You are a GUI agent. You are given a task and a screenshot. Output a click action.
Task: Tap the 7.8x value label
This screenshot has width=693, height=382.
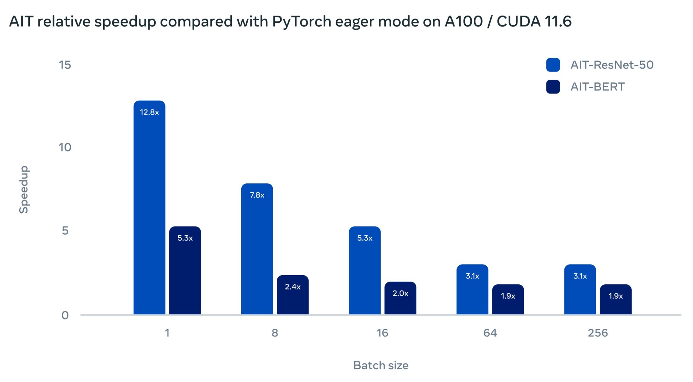(x=257, y=195)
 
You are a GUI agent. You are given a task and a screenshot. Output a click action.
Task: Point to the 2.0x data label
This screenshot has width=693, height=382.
(x=400, y=293)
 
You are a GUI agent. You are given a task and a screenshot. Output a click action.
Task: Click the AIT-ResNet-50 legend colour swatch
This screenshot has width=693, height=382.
(x=553, y=65)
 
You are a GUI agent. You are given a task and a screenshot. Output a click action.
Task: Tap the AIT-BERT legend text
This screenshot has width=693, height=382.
(x=597, y=87)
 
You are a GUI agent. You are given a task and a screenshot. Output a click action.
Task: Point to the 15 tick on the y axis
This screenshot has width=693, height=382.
(x=65, y=65)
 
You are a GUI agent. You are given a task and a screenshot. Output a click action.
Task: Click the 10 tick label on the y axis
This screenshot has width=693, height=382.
(x=65, y=147)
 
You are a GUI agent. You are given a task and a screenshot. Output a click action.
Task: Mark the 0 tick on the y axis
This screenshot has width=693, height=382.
(x=65, y=315)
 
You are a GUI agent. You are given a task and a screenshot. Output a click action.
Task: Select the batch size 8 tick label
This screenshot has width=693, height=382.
(x=274, y=333)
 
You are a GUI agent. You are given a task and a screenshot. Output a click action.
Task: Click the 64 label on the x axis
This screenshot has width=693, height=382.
(x=490, y=333)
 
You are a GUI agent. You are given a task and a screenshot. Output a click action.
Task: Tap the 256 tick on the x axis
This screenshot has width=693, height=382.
(x=598, y=333)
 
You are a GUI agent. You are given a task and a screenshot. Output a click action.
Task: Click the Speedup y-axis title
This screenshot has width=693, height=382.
(x=24, y=189)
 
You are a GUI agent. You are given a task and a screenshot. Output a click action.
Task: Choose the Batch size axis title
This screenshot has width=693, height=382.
(x=381, y=365)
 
